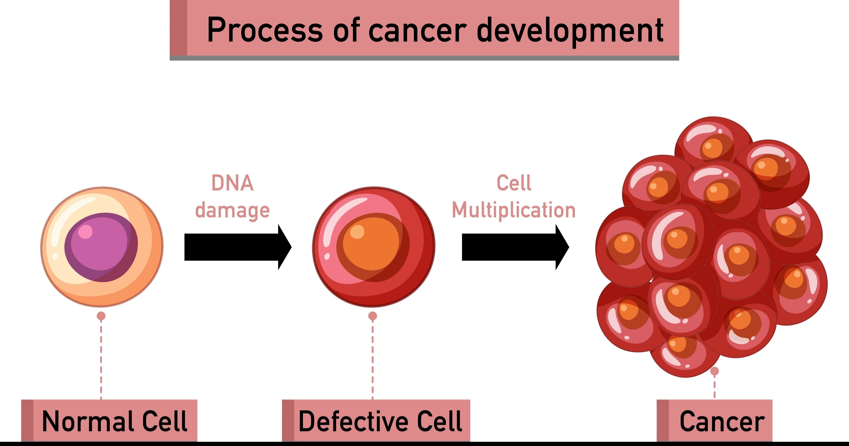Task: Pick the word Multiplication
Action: coord(514,210)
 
